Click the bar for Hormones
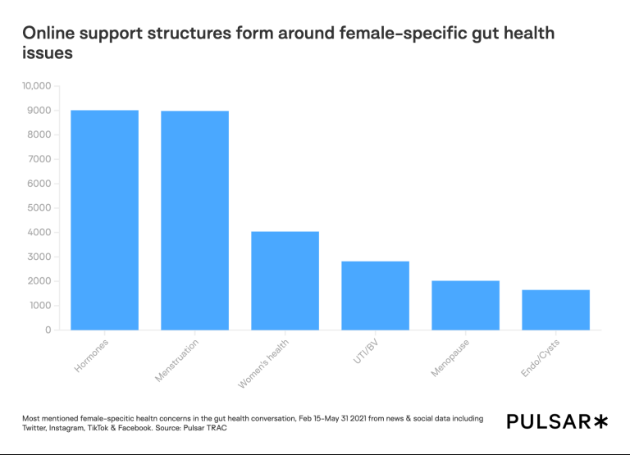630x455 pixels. click(104, 220)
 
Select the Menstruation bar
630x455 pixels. click(194, 221)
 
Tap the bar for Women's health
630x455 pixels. click(285, 281)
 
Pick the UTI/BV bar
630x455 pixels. click(375, 296)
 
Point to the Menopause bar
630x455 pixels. click(465, 306)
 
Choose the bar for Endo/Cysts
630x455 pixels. click(555, 310)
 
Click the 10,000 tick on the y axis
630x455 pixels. click(36, 86)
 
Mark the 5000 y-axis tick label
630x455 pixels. click(39, 208)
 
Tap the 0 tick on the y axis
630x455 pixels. click(48, 330)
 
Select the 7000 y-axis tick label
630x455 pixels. click(39, 159)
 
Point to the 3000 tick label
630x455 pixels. click(39, 257)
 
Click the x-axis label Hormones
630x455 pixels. click(92, 356)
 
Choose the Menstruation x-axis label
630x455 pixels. click(177, 361)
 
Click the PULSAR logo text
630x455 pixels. click(547, 421)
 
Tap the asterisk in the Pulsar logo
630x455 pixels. click(600, 421)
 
